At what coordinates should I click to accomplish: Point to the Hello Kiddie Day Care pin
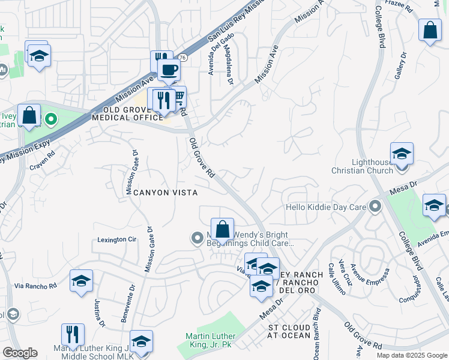point(376,208)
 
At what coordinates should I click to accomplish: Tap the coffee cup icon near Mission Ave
point(169,70)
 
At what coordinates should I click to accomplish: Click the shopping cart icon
point(178,98)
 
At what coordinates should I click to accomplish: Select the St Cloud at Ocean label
point(289,331)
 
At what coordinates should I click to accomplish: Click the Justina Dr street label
point(99,314)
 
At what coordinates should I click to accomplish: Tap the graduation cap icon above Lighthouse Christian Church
point(401,154)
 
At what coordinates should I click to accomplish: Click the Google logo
point(20,353)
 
